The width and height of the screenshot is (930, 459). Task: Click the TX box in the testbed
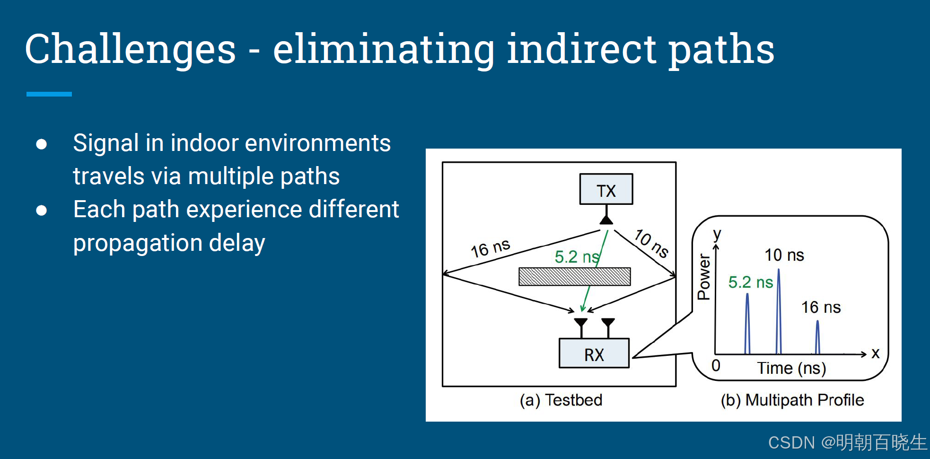[606, 189]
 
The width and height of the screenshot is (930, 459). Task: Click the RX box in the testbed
[594, 353]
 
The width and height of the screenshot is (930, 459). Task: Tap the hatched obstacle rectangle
[574, 276]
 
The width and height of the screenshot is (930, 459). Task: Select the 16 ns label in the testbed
[490, 248]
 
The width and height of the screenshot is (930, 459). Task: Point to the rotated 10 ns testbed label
[651, 243]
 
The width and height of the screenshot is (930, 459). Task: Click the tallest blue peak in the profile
[779, 312]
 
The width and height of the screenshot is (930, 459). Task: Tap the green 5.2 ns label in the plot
[750, 282]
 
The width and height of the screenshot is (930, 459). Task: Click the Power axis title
[704, 277]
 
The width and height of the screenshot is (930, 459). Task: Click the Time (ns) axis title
[791, 368]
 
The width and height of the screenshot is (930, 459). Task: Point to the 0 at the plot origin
[716, 365]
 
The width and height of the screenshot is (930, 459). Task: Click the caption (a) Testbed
[561, 400]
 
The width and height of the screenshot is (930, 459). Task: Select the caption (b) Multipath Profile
[792, 400]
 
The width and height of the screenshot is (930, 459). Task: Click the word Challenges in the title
[130, 50]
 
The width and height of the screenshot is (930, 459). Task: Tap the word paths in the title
[721, 50]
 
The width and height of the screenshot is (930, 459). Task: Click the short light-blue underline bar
[49, 94]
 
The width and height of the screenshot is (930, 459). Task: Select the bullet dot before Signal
[42, 144]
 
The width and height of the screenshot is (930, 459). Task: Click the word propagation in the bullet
[138, 243]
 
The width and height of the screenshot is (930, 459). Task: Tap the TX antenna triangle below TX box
[606, 220]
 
